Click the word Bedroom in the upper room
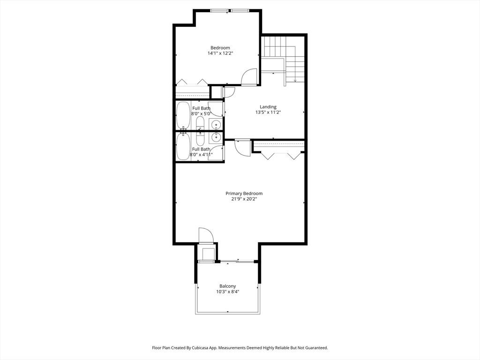(x=220, y=48)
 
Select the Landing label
(x=268, y=107)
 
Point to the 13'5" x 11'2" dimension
(x=268, y=112)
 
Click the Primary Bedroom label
(x=244, y=194)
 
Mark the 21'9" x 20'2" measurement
(x=244, y=199)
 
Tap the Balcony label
(x=228, y=286)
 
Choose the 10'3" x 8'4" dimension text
(x=228, y=292)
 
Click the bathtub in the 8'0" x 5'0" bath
(x=183, y=116)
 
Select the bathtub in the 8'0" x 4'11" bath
(x=183, y=146)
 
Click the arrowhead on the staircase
(x=295, y=81)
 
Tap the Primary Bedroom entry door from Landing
(x=242, y=148)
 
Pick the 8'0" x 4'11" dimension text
(x=201, y=155)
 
